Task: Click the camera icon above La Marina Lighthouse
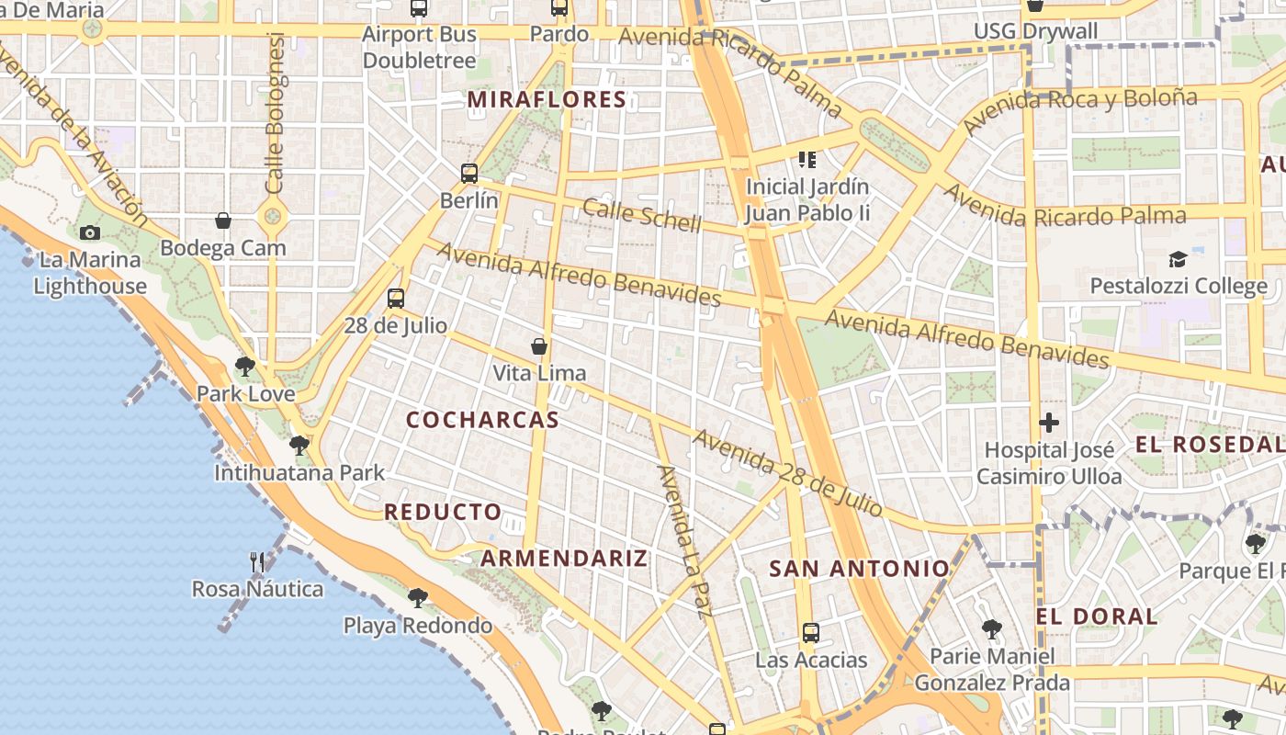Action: pos(89,232)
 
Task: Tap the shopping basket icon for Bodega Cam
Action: pos(223,220)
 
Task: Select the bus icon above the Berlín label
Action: pos(469,173)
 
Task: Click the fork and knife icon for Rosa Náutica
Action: pos(257,561)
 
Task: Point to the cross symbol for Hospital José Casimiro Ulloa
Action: pos(1049,423)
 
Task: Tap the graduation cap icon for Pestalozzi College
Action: pos(1178,259)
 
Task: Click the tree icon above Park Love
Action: pos(244,367)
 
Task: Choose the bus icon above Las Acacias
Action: pos(810,632)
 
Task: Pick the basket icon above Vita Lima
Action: pos(539,346)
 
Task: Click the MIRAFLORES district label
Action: pos(547,99)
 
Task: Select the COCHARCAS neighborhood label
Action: pos(482,420)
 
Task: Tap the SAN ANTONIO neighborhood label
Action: pos(858,569)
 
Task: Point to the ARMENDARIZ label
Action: pos(564,559)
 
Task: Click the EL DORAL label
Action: pos(1097,616)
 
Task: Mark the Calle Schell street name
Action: pos(642,216)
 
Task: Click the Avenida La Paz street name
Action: pos(685,541)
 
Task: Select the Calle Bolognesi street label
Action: pos(275,113)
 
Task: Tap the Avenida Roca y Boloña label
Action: pos(1080,108)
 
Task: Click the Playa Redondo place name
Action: pos(418,626)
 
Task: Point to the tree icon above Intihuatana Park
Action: pos(299,446)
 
